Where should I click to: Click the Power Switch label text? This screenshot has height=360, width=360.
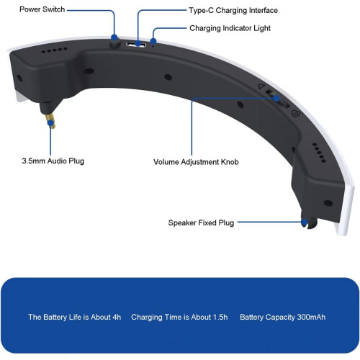[42, 9]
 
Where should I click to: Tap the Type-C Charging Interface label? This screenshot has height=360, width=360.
[233, 10]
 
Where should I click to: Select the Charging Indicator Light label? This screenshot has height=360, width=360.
[230, 28]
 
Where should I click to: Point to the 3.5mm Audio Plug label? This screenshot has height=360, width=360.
[53, 161]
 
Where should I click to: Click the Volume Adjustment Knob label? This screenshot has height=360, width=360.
[196, 162]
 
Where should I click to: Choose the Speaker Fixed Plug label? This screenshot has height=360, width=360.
[201, 222]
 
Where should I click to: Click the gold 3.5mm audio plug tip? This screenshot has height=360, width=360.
[51, 121]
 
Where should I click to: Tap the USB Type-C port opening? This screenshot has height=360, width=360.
[136, 44]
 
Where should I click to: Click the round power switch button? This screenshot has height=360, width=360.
[115, 42]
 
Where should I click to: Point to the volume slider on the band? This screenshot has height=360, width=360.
[278, 99]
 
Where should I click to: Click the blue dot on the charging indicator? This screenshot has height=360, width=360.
[153, 41]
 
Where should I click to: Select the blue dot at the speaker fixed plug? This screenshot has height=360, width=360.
[305, 222]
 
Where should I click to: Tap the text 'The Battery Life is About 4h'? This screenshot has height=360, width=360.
[75, 317]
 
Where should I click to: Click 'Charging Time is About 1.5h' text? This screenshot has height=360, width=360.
[179, 317]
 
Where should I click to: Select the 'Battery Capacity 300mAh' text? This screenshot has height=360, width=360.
[283, 317]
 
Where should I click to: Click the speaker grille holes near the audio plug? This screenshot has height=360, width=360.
[54, 50]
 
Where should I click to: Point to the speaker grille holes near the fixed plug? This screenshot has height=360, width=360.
[319, 153]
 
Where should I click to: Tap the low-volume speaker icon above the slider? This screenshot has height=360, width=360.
[261, 86]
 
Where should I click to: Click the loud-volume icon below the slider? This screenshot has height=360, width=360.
[295, 113]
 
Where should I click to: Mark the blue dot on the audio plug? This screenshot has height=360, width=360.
[50, 123]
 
